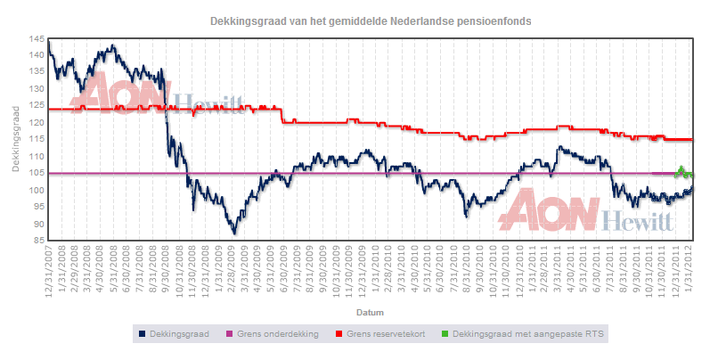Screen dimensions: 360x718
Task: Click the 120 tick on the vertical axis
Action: pyautogui.click(x=34, y=123)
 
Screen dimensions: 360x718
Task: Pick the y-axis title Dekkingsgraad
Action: pyautogui.click(x=16, y=140)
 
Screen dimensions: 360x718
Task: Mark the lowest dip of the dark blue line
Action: pyautogui.click(x=234, y=233)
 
